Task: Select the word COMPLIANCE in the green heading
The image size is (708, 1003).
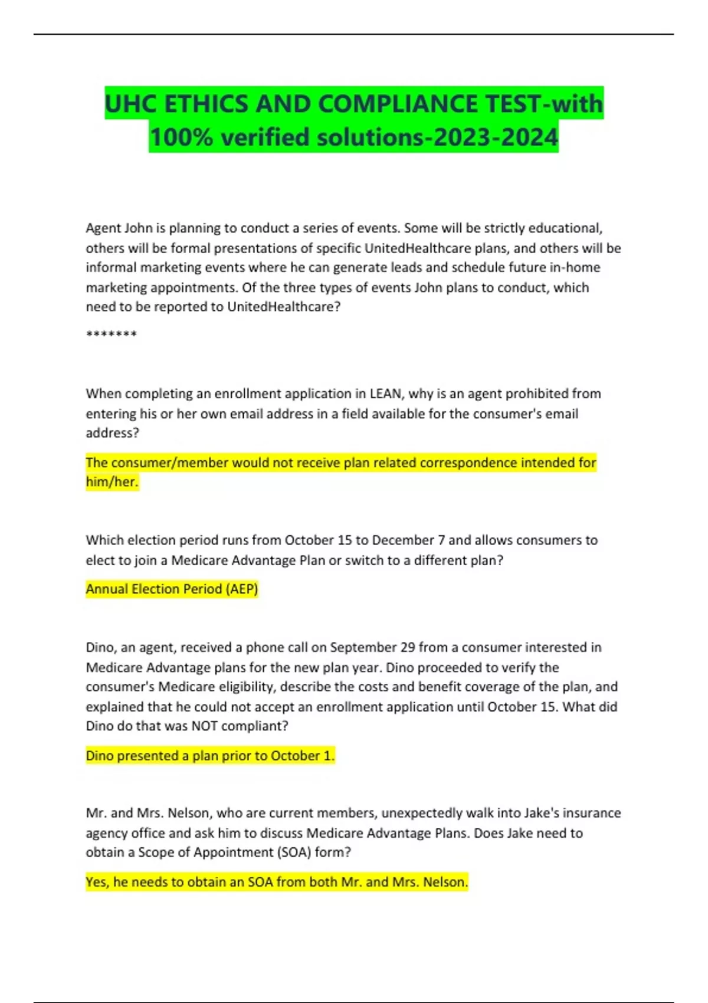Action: pyautogui.click(x=399, y=104)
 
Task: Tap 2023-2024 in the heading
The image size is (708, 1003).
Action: pyautogui.click(x=495, y=137)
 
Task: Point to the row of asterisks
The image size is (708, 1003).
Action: pyautogui.click(x=112, y=335)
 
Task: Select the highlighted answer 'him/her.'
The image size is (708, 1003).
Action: pyautogui.click(x=112, y=482)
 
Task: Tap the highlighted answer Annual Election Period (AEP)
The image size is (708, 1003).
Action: pyautogui.click(x=172, y=589)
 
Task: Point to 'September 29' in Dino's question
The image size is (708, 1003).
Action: pyautogui.click(x=372, y=647)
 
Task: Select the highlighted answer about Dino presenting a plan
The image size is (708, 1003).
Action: pyautogui.click(x=210, y=756)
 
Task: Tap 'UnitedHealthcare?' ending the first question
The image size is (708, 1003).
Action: pyautogui.click(x=284, y=307)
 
